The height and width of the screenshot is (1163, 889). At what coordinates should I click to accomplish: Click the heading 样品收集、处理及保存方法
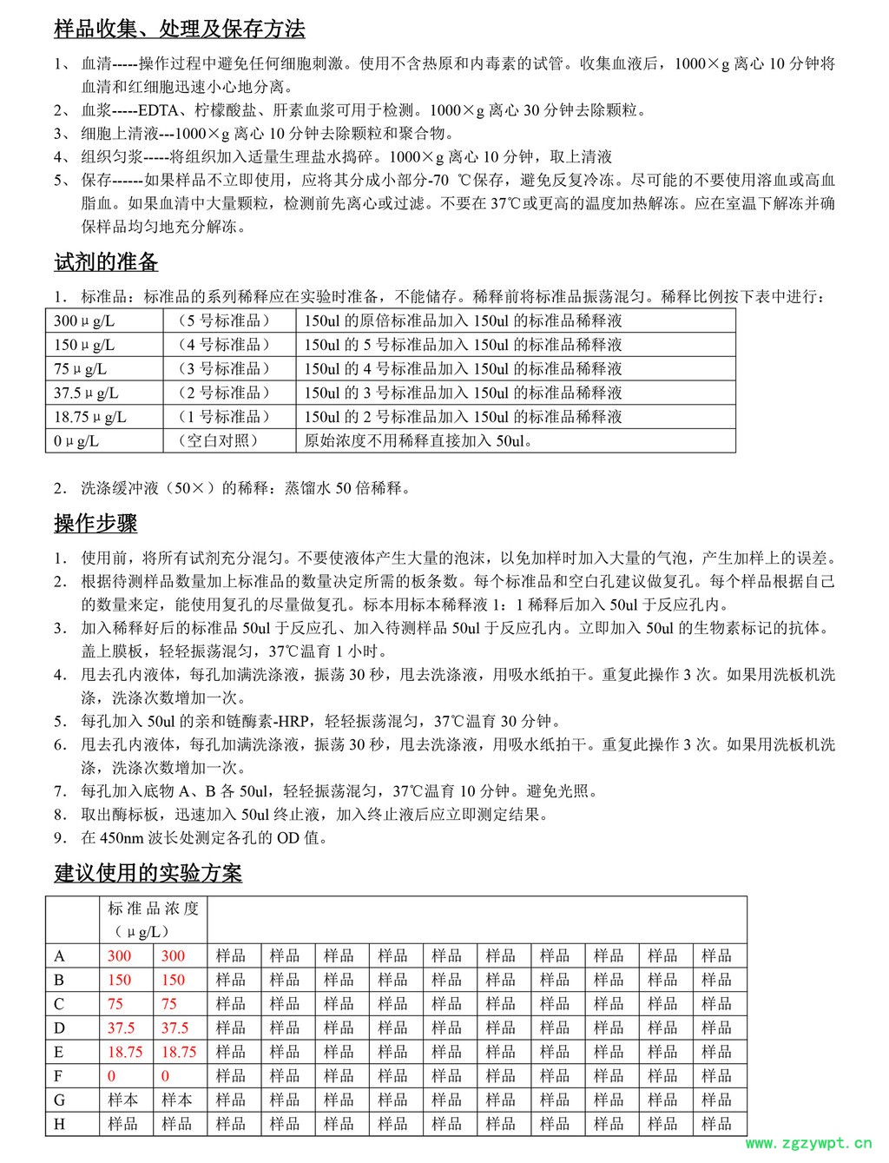point(180,30)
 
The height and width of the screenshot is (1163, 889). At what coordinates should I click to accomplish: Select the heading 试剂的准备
point(106,262)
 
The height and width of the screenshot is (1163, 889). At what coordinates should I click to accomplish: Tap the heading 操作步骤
point(95,524)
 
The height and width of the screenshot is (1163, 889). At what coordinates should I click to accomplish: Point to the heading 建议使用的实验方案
point(148,873)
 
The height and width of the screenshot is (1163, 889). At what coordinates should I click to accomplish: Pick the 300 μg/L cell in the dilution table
point(84,320)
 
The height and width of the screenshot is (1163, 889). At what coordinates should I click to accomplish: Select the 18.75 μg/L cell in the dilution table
point(90,417)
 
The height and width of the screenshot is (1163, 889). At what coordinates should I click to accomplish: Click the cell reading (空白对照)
point(219,440)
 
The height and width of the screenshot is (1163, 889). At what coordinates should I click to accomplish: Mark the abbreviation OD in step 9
point(288,838)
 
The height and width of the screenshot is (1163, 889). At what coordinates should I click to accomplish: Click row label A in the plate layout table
point(59,956)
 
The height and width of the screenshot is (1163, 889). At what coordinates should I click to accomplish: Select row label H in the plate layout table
point(59,1124)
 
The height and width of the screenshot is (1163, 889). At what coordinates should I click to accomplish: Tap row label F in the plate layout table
point(59,1076)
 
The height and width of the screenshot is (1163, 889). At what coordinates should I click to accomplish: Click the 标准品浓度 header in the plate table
point(154,909)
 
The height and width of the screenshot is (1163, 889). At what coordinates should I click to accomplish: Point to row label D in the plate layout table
point(59,1028)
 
